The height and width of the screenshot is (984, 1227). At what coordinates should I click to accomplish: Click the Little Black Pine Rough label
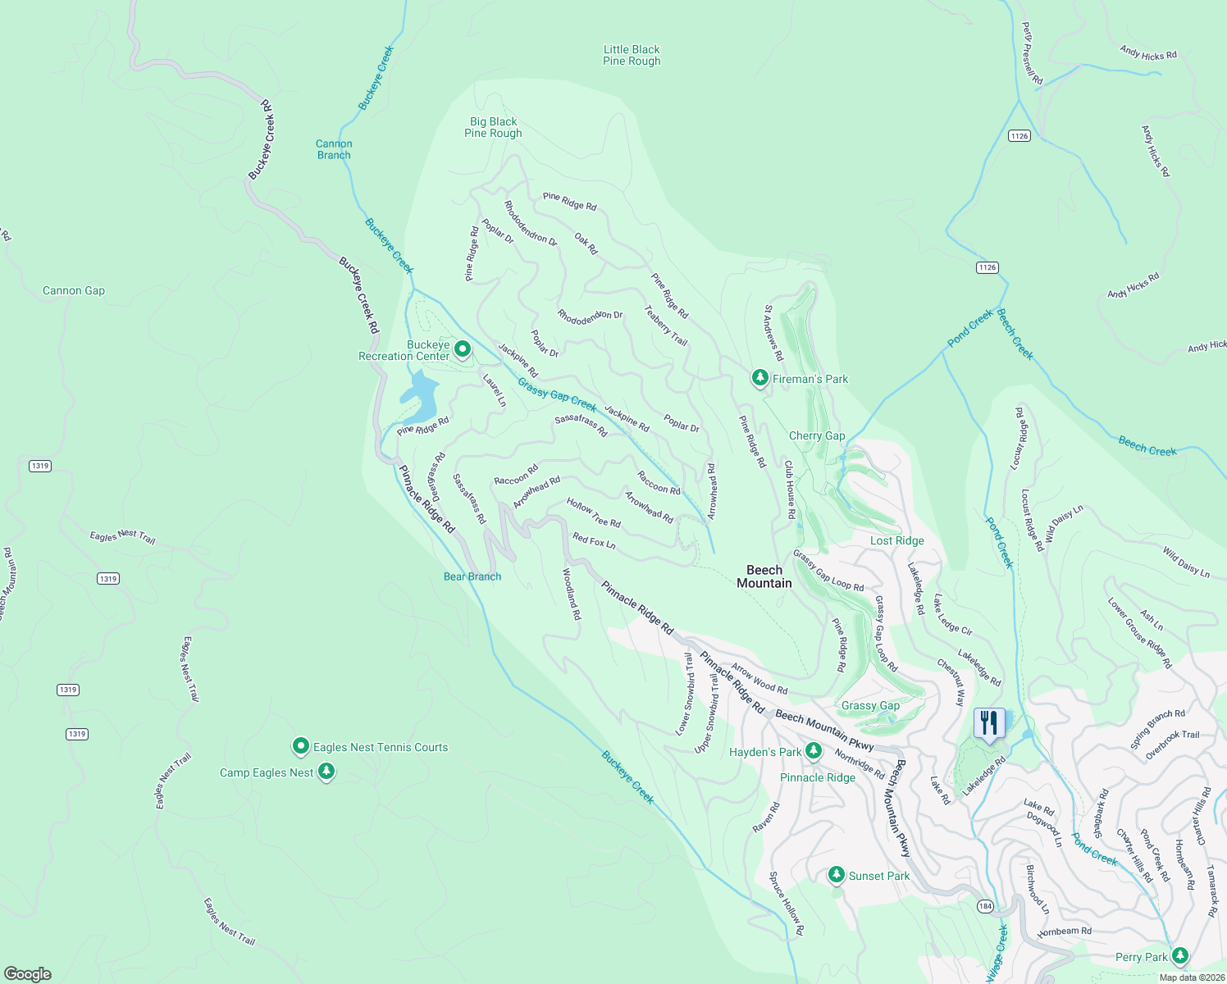pyautogui.click(x=632, y=55)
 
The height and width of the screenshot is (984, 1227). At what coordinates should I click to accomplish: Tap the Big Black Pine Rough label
pyautogui.click(x=493, y=127)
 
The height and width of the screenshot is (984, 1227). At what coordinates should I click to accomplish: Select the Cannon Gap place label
pyautogui.click(x=74, y=290)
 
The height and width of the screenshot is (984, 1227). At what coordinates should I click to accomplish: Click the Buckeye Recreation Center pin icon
pyautogui.click(x=463, y=349)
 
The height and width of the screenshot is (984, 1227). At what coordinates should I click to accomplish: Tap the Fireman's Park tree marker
pyautogui.click(x=760, y=377)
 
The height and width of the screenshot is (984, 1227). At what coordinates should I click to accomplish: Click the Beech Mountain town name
pyautogui.click(x=764, y=576)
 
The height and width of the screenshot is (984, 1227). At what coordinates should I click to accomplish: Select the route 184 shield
pyautogui.click(x=985, y=906)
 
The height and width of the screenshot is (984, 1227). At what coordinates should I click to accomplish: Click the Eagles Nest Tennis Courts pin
pyautogui.click(x=301, y=746)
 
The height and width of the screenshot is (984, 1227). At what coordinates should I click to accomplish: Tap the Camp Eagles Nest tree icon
pyautogui.click(x=326, y=772)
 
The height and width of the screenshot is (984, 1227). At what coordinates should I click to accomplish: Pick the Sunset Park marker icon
pyautogui.click(x=836, y=875)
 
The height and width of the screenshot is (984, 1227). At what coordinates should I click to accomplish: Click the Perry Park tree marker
pyautogui.click(x=1179, y=955)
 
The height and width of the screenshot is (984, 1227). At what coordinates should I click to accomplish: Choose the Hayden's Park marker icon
pyautogui.click(x=813, y=750)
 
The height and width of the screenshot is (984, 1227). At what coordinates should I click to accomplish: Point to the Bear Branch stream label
pyautogui.click(x=472, y=576)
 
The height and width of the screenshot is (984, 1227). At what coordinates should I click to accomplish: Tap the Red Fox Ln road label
pyautogui.click(x=594, y=541)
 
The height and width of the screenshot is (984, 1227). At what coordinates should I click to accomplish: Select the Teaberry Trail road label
pyautogui.click(x=666, y=326)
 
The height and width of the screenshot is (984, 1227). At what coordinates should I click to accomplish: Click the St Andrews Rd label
pyautogui.click(x=773, y=333)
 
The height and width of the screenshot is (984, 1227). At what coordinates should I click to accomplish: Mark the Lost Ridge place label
pyautogui.click(x=897, y=540)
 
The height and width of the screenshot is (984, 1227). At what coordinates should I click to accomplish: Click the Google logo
pyautogui.click(x=28, y=973)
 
